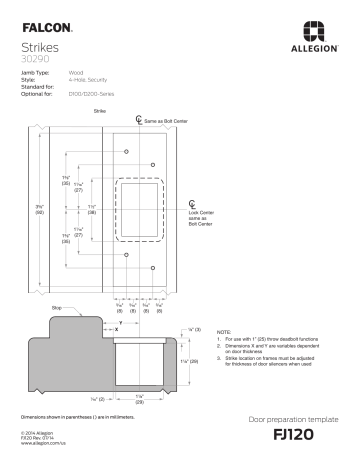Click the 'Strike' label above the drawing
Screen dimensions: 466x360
99,110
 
